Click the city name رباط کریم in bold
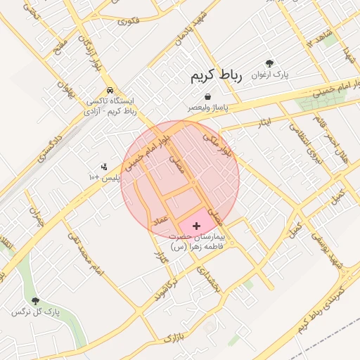point(216,77)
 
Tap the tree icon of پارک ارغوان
point(268,63)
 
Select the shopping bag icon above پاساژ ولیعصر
point(207,97)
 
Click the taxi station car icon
point(110,91)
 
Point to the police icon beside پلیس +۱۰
point(104,167)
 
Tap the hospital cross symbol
point(195,225)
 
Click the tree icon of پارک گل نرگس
point(35,301)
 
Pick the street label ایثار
point(261,123)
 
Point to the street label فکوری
point(129,21)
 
